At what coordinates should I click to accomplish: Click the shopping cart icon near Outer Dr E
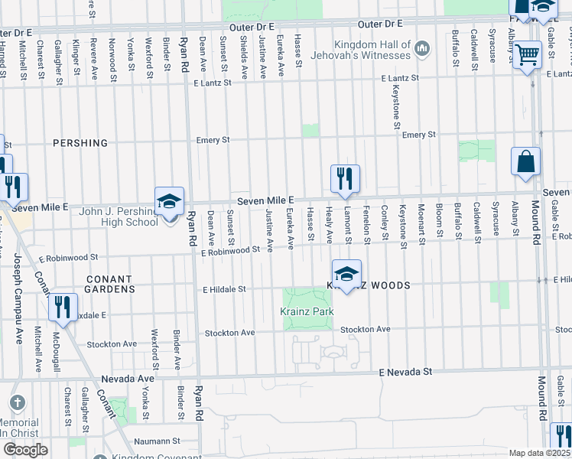tap(528, 55)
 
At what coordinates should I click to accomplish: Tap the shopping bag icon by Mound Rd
tap(526, 161)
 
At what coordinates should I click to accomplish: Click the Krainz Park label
tap(307, 312)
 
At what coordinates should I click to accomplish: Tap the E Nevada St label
tap(405, 371)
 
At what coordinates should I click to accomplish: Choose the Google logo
tap(25, 449)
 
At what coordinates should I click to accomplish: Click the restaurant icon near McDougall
tap(62, 308)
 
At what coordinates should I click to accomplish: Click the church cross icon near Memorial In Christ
tap(18, 403)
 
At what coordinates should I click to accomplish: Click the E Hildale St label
tap(223, 289)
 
